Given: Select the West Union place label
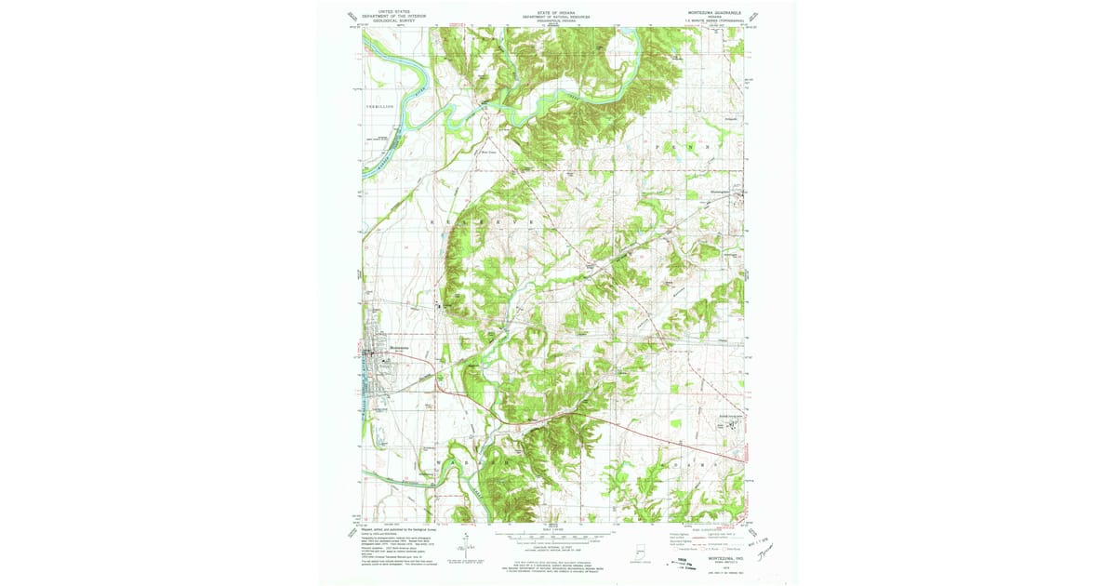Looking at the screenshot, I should (489, 144).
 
